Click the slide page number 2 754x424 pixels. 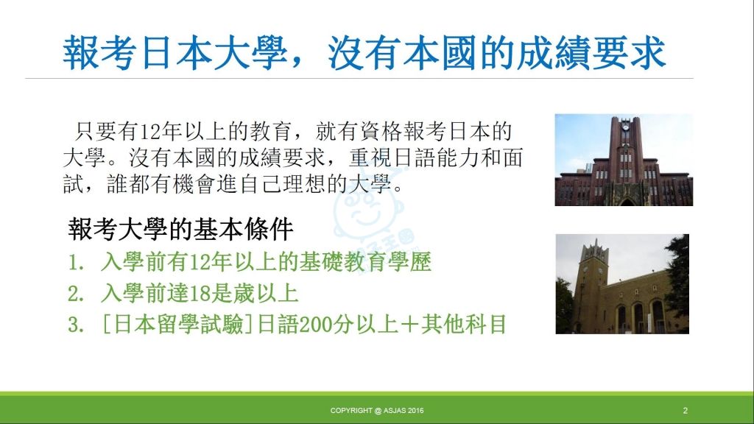click(686, 411)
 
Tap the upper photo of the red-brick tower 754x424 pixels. click(624, 160)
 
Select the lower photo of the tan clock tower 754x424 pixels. click(622, 284)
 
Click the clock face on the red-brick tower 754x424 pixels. click(625, 127)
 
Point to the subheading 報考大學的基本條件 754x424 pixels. click(181, 229)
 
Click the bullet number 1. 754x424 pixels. click(76, 263)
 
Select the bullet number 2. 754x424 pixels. click(76, 294)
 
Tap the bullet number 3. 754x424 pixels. click(76, 325)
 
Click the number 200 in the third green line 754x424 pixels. click(315, 325)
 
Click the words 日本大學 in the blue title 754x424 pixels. click(214, 52)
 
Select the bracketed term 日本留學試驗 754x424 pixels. click(178, 325)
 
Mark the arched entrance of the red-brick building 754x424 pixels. click(627, 202)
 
